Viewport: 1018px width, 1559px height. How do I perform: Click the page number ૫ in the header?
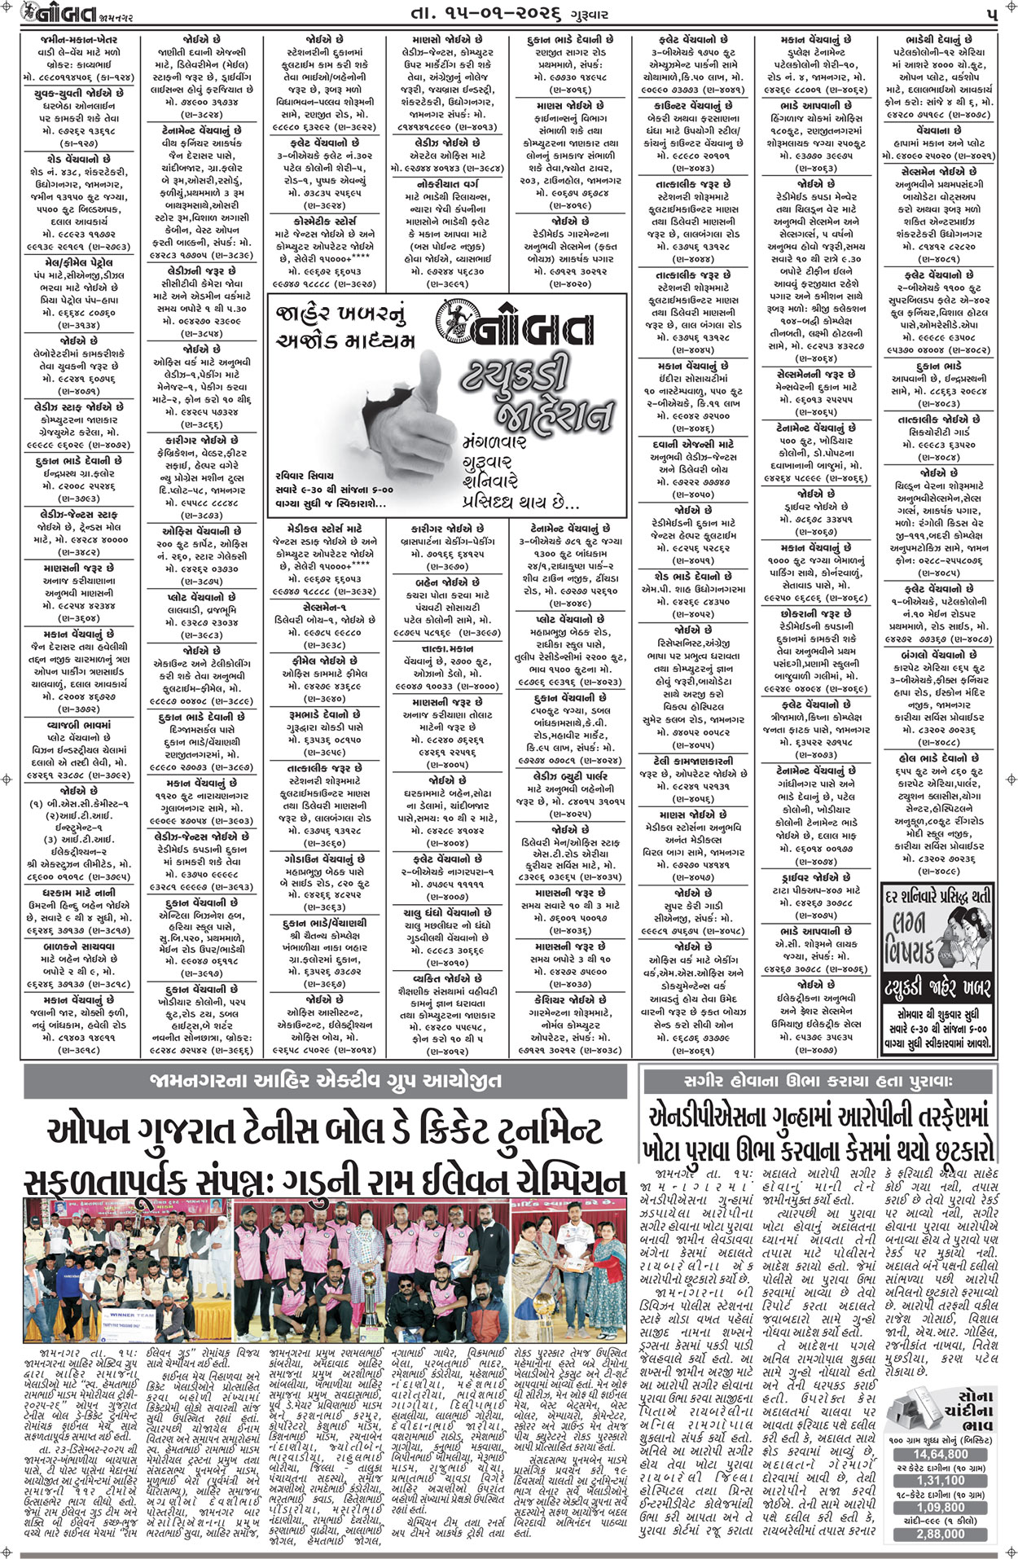coord(991,15)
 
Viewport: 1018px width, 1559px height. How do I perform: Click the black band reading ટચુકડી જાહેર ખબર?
coord(938,989)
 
